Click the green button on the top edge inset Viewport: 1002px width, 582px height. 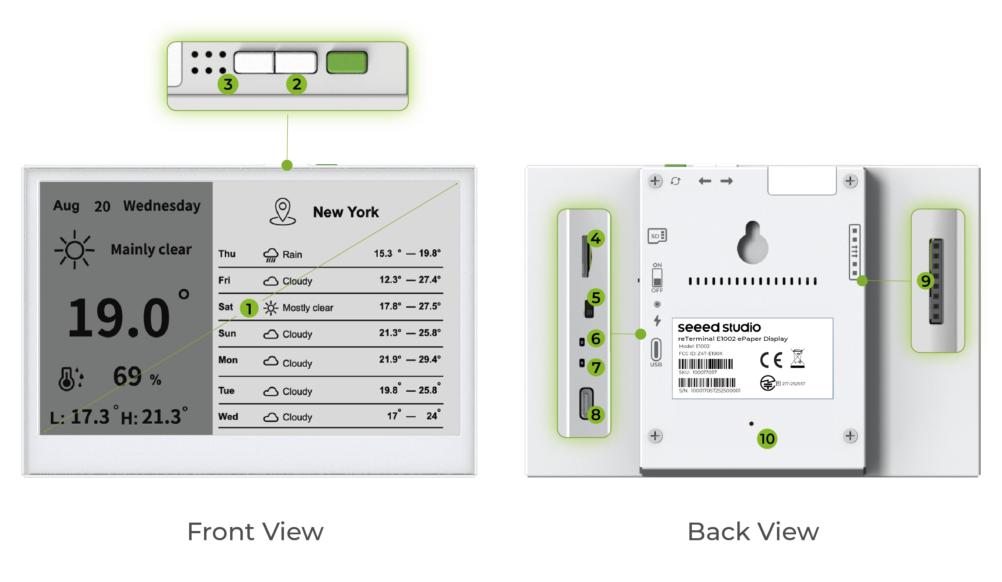[x=347, y=62]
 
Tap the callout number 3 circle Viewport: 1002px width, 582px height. [x=228, y=84]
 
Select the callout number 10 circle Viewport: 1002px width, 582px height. [x=767, y=439]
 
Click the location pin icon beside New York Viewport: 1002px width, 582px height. [x=282, y=212]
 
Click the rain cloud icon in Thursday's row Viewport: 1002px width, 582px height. [x=271, y=255]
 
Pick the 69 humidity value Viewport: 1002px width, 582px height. [x=127, y=376]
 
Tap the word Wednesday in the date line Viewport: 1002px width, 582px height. [x=162, y=206]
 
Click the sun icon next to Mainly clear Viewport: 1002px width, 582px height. [x=75, y=250]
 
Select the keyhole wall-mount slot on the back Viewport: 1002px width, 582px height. [x=752, y=242]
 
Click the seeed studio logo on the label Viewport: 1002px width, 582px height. [x=719, y=327]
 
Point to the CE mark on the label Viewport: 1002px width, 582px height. [x=771, y=360]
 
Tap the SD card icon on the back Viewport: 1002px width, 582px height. [x=657, y=236]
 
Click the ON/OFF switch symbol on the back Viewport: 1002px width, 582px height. [x=657, y=277]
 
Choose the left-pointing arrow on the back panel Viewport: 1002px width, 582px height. [x=705, y=181]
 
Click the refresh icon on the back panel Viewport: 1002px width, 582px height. [x=675, y=181]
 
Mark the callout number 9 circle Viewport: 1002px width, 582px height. [x=925, y=281]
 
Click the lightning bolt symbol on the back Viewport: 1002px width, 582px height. [x=657, y=321]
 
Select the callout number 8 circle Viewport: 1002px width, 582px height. [x=595, y=415]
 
